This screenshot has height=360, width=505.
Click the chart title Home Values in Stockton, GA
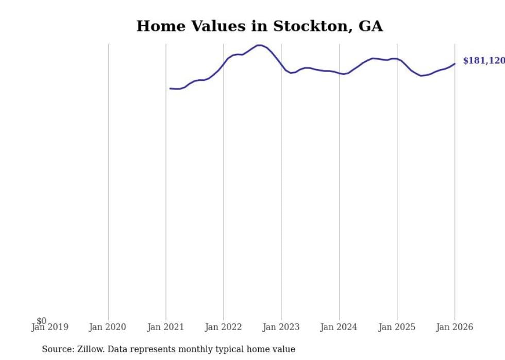click(259, 26)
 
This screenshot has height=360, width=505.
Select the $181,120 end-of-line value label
click(483, 61)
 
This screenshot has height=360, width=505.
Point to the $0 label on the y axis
click(41, 321)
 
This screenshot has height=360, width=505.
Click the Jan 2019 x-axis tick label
click(49, 327)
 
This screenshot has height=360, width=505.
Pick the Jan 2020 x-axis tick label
click(107, 327)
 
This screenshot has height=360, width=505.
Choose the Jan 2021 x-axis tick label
click(165, 327)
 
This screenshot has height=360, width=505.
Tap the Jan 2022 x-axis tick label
click(223, 327)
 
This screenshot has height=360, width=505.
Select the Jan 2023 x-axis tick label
click(281, 327)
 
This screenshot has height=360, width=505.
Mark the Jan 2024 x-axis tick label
click(339, 327)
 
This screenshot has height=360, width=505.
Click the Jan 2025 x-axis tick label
click(396, 327)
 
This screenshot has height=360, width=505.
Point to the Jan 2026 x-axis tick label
click(454, 327)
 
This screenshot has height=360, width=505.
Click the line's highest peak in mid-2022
click(260, 45)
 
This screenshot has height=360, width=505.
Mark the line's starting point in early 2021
click(170, 89)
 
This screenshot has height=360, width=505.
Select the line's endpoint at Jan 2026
click(454, 64)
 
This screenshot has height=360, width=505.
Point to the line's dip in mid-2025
click(422, 76)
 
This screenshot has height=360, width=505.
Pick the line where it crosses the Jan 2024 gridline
click(339, 73)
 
